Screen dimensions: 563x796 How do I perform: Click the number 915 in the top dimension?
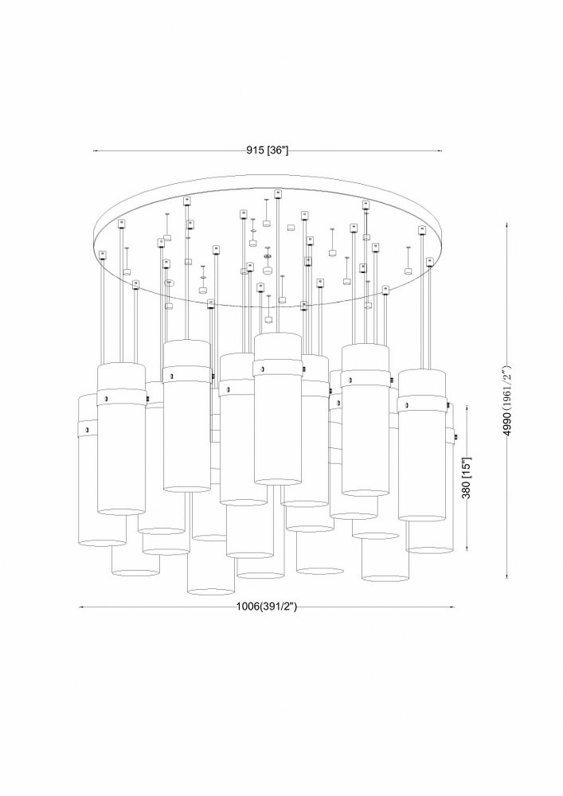tap(256, 150)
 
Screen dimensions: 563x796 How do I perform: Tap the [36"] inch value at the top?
tap(277, 150)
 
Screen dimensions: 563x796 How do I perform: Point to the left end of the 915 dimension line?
tap(93, 150)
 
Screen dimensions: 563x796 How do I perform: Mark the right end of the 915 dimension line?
tap(442, 150)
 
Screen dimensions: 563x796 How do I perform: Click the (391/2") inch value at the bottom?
tap(278, 606)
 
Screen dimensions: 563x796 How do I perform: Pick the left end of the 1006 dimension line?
tap(80, 607)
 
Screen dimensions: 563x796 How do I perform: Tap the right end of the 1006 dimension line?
tap(455, 607)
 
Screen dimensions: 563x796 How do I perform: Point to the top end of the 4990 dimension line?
tap(508, 224)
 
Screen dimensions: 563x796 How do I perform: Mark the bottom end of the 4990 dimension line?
tap(508, 578)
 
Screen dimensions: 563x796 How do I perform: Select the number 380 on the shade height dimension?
tap(467, 489)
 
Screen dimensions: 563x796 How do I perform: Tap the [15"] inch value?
tap(467, 467)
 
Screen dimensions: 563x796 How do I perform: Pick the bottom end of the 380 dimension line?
tap(467, 551)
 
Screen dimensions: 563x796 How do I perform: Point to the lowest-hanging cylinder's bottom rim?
tap(211, 591)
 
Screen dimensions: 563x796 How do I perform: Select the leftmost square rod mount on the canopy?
tap(103, 255)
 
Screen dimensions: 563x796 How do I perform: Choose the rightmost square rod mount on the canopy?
tap(429, 261)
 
